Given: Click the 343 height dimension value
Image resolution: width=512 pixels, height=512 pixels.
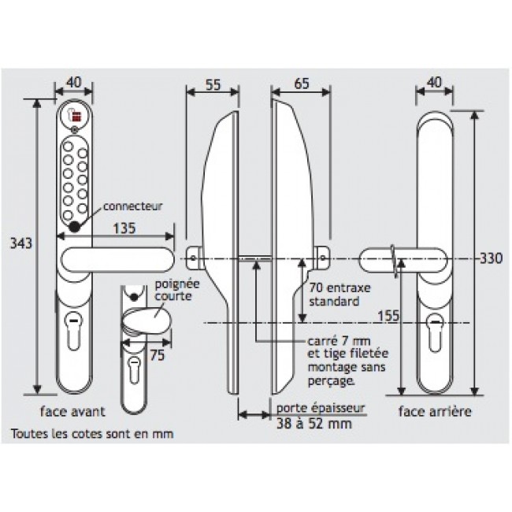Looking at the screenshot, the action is tap(21, 243).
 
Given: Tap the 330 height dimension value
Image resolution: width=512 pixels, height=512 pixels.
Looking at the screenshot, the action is tap(491, 258).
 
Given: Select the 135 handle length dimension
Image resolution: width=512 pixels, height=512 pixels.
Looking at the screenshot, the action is tap(124, 228).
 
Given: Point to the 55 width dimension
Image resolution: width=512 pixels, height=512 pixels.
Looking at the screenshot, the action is tap(213, 84).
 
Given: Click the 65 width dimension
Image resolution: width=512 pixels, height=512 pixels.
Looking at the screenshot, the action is tap(302, 83).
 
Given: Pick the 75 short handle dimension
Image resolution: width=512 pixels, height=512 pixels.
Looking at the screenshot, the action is tap(157, 355).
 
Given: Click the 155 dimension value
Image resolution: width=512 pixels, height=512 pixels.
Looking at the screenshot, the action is tap(388, 316).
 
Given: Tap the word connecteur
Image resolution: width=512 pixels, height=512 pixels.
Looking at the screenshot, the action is tap(132, 206).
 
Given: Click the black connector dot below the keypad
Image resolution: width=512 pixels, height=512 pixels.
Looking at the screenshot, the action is tap(75, 227).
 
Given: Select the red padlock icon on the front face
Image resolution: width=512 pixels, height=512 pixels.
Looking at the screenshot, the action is tap(75, 115).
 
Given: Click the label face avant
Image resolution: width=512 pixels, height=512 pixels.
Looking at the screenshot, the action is tap(72, 411).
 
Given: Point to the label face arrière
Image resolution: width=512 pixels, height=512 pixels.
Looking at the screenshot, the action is tap(435, 411).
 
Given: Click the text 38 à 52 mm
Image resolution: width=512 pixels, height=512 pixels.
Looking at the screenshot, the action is tap(314, 424).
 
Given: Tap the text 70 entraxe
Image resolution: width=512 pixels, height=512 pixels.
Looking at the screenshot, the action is tap(340, 288).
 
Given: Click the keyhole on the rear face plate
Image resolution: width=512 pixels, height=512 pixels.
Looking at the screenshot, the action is tap(435, 332).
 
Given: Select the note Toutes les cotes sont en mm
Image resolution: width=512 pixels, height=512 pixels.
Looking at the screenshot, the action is tap(92, 434).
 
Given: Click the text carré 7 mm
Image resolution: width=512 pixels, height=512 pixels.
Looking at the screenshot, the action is tap(339, 342).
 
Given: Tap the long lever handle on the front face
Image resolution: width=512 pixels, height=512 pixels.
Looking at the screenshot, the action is tap(117, 260).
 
